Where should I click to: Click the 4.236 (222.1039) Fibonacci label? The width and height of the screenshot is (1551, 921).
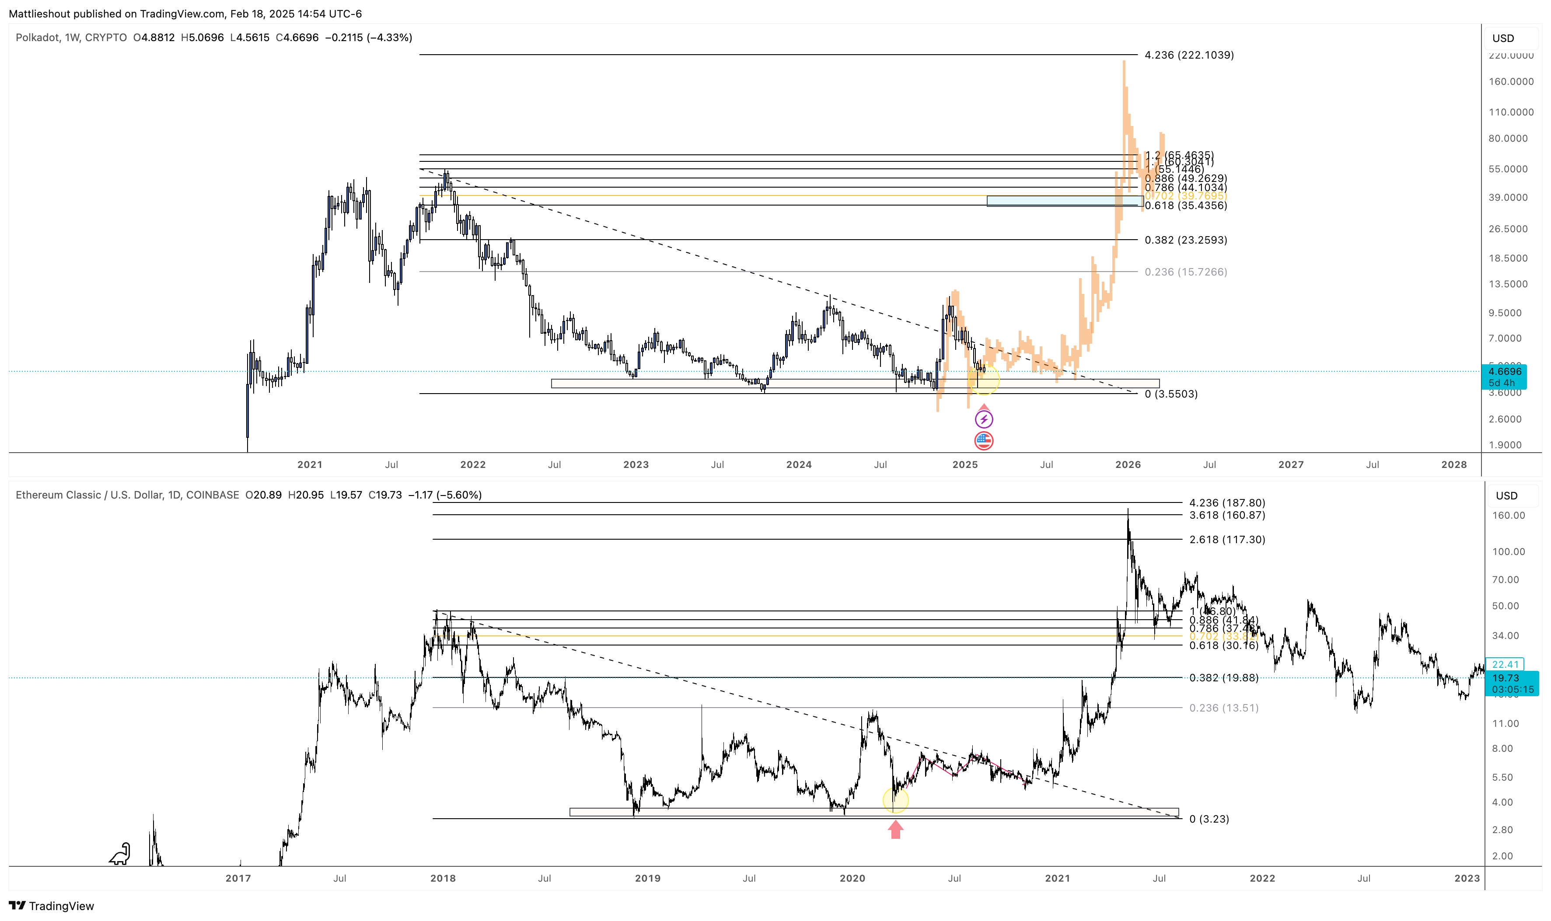click(x=1188, y=55)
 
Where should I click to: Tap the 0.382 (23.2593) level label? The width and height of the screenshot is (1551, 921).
click(x=1185, y=240)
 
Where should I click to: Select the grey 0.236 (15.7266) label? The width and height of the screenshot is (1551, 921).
click(x=1185, y=272)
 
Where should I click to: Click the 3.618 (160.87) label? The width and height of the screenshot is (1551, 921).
click(x=1226, y=515)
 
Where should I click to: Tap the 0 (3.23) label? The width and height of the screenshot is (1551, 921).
click(x=1209, y=819)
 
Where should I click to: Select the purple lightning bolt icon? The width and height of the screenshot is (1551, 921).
click(x=983, y=419)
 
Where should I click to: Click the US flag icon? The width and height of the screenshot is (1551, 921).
click(x=983, y=441)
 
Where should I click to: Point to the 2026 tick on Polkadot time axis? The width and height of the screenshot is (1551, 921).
click(x=1127, y=465)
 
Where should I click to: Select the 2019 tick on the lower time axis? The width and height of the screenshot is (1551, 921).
click(x=647, y=879)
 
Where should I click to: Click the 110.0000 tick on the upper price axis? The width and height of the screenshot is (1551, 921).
click(x=1511, y=112)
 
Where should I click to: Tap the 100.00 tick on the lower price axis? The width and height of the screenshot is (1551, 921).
click(x=1508, y=552)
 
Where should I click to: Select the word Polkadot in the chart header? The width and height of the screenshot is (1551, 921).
click(x=37, y=38)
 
